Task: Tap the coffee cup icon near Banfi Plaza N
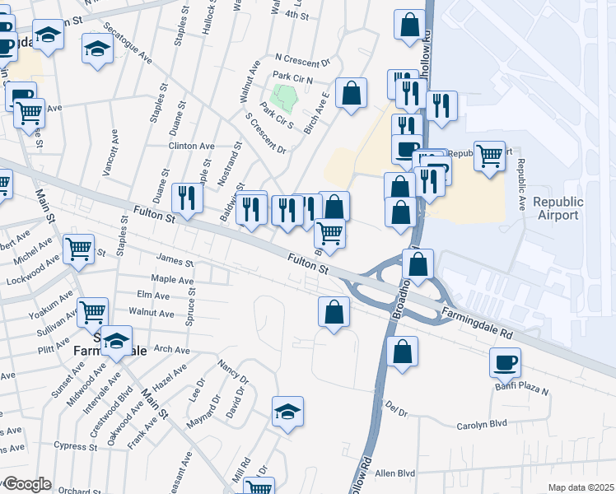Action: point(505,361)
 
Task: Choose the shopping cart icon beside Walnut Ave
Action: point(92,312)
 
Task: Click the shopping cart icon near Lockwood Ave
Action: point(78,247)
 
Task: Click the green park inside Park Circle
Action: point(285,97)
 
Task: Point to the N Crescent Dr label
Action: point(302,60)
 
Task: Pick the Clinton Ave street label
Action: point(191,146)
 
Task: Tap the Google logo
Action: point(26,484)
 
